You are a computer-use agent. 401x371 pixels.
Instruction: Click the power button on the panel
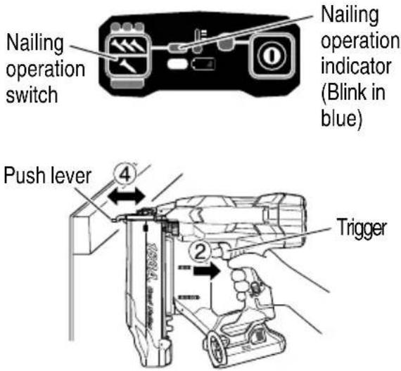(x=272, y=56)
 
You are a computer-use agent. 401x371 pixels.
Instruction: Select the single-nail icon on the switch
(x=128, y=65)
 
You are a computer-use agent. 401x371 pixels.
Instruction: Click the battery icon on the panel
(x=203, y=64)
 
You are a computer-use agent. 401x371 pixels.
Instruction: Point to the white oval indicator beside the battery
(x=177, y=64)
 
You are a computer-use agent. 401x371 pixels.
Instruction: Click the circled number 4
(x=125, y=175)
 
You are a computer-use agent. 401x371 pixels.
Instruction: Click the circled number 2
(x=200, y=252)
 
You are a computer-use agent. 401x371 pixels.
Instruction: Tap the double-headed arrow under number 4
(x=127, y=197)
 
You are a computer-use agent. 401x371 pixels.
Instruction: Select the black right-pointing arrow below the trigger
(x=207, y=271)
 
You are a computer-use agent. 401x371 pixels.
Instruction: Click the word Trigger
(x=361, y=228)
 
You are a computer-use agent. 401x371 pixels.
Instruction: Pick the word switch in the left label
(x=32, y=95)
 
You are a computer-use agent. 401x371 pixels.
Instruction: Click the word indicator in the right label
(x=356, y=67)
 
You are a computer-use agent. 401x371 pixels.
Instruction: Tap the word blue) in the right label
(x=342, y=118)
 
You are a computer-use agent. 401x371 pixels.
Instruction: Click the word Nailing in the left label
(x=35, y=44)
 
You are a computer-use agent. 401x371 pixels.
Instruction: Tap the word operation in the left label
(x=45, y=70)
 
